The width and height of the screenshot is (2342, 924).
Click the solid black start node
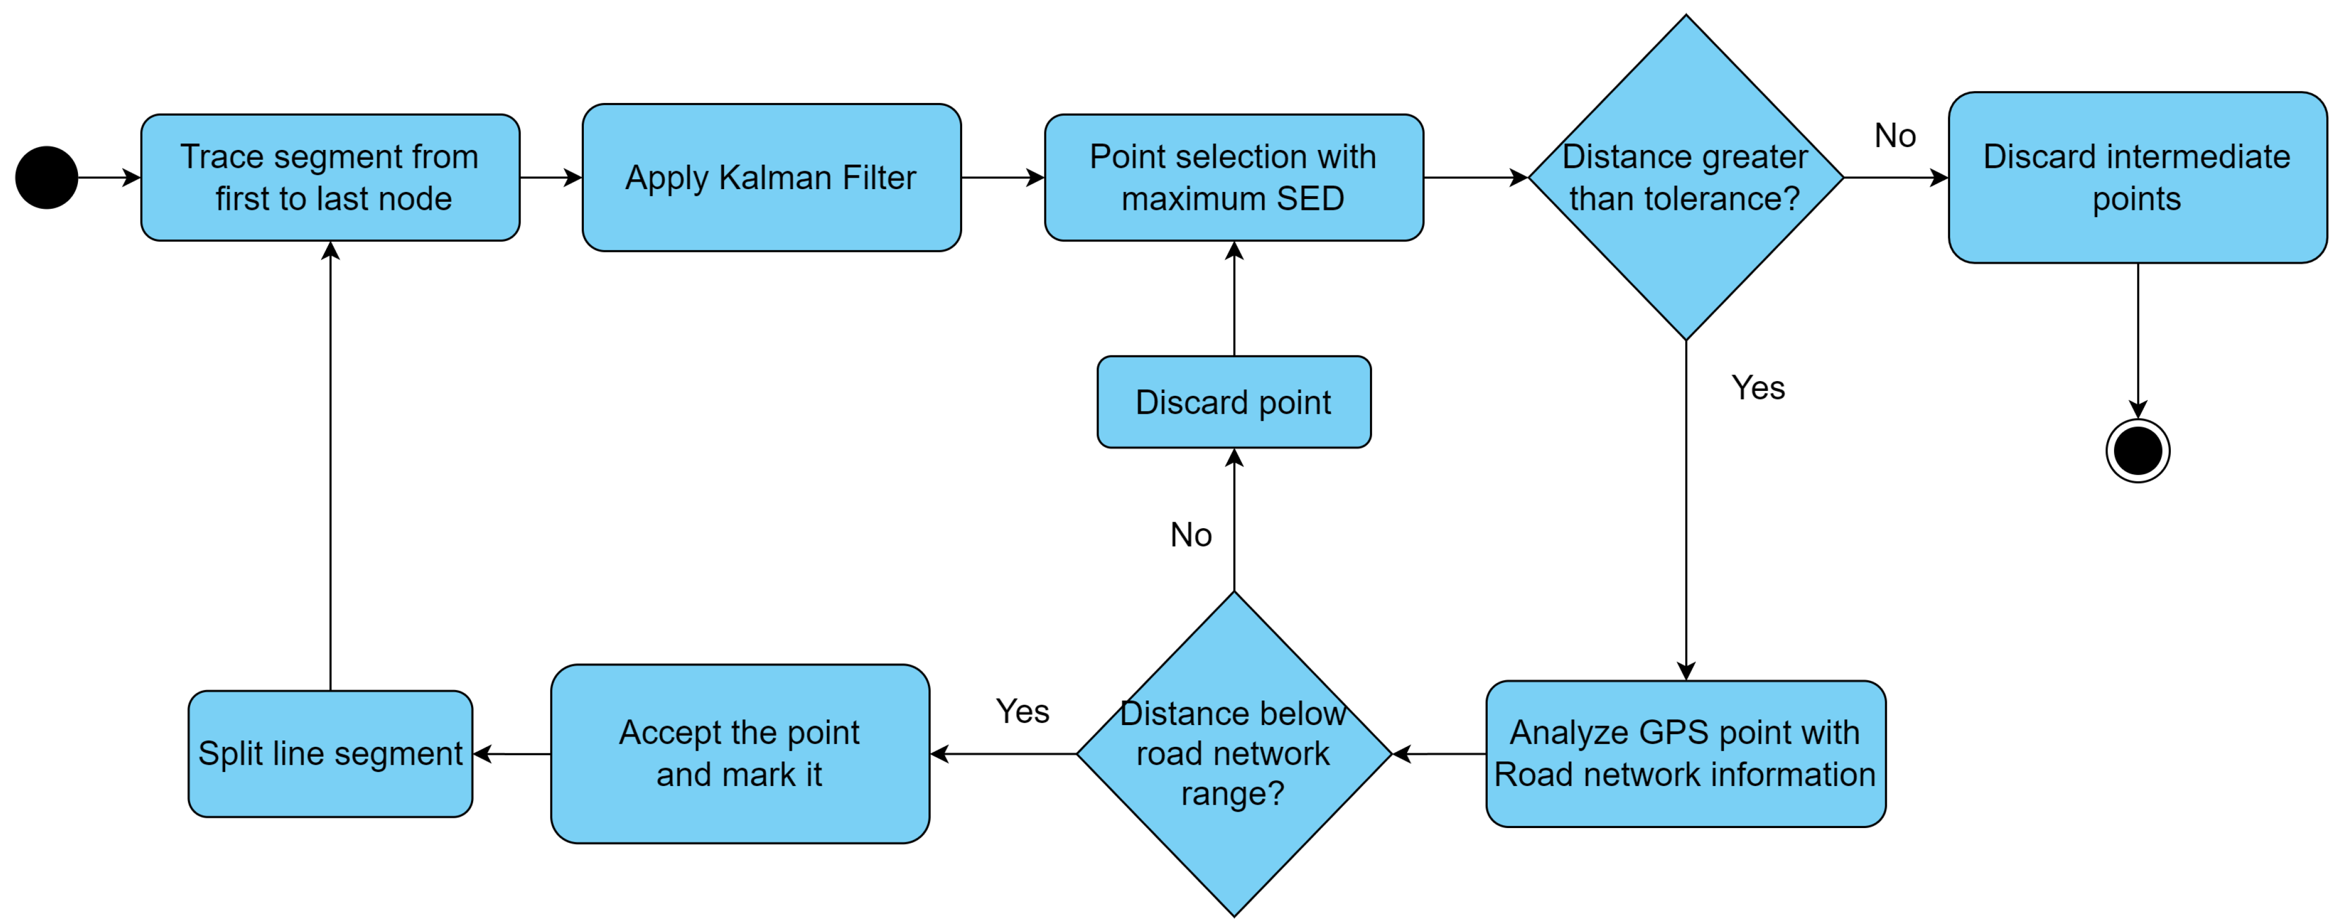click(x=46, y=177)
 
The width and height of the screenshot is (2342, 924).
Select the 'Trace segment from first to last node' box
click(x=330, y=177)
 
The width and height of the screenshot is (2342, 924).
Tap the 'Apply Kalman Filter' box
click(x=771, y=177)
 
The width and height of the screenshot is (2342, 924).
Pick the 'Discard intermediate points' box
click(x=2136, y=177)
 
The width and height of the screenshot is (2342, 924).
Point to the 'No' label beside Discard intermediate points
click(x=1894, y=136)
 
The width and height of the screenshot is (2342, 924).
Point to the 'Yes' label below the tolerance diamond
click(x=1758, y=388)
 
